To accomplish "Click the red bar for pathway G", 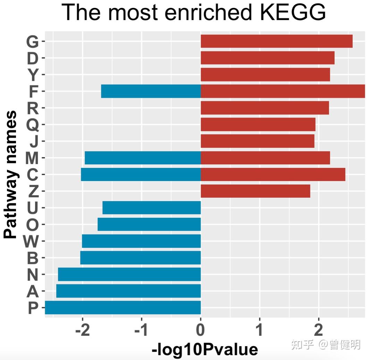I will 277,41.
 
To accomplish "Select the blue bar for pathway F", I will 151,91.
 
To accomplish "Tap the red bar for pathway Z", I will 255,191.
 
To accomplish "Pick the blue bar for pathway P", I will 123,308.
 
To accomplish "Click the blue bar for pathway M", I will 143,158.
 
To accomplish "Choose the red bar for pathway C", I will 273,174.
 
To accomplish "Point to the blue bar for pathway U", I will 152,208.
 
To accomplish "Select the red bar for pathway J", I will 258,141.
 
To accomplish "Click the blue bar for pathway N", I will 129,274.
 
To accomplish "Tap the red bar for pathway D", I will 268,58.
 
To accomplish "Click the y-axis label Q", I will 33,125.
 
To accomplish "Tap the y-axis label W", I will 31,241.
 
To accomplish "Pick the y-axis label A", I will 33,291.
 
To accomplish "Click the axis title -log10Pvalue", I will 205,350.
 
